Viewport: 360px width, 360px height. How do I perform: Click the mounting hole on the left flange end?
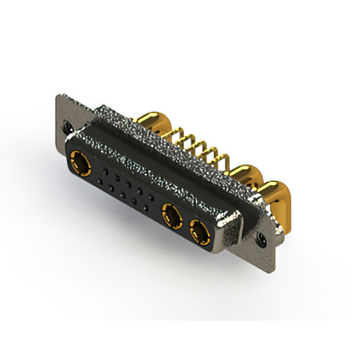[69, 127]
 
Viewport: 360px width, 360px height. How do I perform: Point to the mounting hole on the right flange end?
[262, 238]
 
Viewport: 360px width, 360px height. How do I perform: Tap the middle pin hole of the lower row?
[122, 195]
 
